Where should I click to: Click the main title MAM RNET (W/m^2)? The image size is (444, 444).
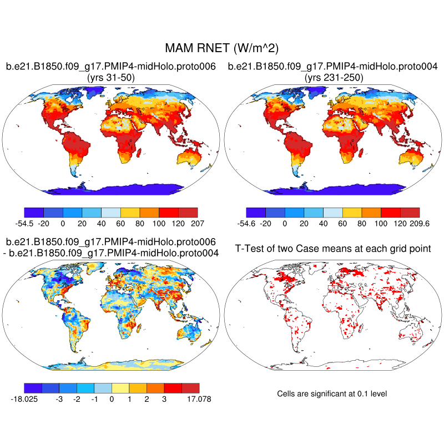221,49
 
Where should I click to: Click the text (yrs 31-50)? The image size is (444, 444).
110,78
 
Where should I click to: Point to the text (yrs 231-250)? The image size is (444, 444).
333,78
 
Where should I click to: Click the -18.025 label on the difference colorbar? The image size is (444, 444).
24,398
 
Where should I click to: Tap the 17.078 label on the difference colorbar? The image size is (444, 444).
198,398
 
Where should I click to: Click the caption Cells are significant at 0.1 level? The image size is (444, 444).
332,393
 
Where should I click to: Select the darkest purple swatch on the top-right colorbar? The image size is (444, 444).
256,212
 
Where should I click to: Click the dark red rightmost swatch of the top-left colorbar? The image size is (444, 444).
188,212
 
